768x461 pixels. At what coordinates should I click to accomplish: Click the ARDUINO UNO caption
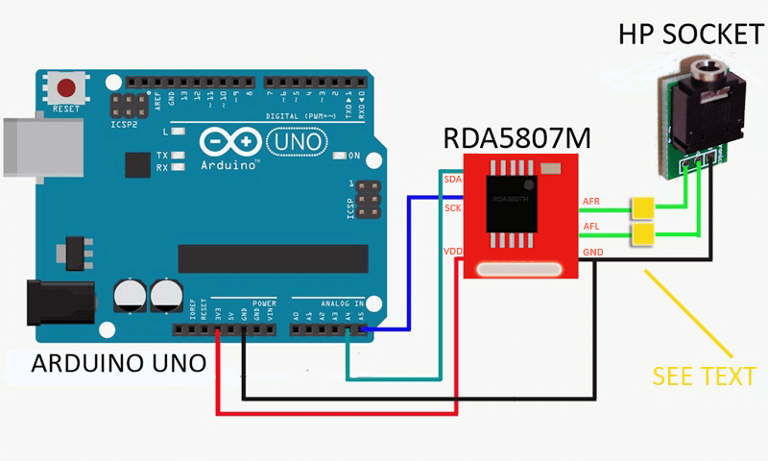118,364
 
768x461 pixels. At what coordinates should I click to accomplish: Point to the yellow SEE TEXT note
704,376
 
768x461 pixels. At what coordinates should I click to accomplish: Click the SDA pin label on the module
452,180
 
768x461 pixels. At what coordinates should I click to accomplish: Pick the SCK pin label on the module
452,207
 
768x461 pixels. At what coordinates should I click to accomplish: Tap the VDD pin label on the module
453,252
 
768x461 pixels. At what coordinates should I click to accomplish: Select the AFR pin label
591,202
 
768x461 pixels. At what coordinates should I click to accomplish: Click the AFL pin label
591,228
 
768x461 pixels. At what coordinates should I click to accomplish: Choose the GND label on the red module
592,253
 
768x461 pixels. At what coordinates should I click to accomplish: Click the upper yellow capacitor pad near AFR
642,206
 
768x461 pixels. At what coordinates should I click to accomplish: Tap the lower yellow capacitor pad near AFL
642,233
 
